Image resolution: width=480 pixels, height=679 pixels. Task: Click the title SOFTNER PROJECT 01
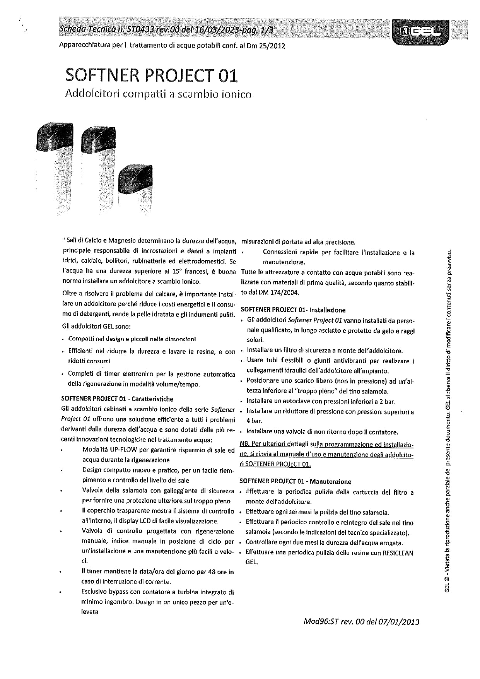pos(151,75)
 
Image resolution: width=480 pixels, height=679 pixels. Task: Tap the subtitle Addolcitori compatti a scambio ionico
pos(158,94)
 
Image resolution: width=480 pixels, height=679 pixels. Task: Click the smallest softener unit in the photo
pos(135,186)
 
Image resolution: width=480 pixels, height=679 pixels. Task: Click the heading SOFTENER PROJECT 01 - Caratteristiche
pos(117,399)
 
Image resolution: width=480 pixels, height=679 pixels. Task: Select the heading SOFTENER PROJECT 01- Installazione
pos(293,310)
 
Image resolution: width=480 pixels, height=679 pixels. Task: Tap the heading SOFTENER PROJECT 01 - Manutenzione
pos(295,482)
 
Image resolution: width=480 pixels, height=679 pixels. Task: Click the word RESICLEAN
pos(398,553)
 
